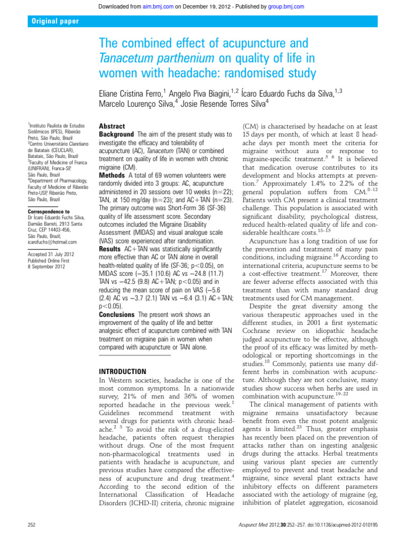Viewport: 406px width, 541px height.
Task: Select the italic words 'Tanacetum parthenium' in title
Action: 156,57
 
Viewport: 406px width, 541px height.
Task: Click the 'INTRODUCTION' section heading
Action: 123,372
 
